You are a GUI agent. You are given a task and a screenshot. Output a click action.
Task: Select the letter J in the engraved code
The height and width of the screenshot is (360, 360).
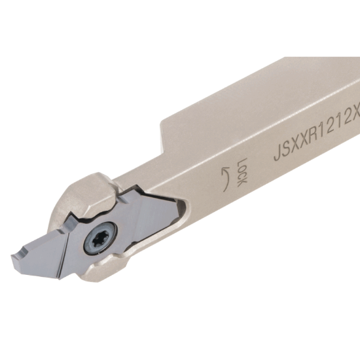point(277,156)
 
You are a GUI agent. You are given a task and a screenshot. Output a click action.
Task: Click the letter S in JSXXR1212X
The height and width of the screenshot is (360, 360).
point(285,153)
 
